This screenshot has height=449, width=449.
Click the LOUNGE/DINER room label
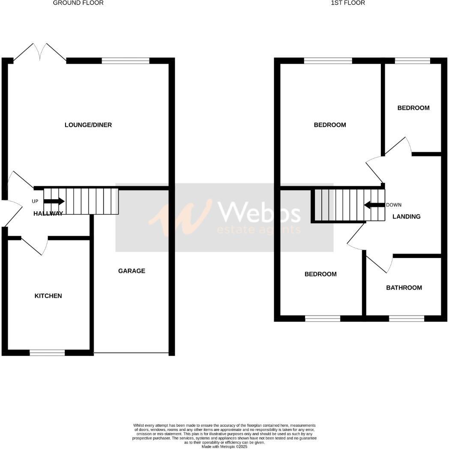coord(88,125)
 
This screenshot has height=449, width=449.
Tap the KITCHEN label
coord(48,296)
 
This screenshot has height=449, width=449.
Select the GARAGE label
coord(132,271)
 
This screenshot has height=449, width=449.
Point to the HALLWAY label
coord(48,214)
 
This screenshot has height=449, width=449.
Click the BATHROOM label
coord(404,288)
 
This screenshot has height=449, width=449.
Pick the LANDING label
coord(407,217)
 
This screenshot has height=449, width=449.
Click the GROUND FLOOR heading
coord(78,3)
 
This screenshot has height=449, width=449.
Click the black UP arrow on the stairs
coord(56,201)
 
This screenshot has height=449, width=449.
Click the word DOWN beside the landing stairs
coord(394,205)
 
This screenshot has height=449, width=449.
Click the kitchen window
coord(47,353)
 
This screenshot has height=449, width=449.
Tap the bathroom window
coord(406,318)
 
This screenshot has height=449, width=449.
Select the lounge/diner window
coord(126,61)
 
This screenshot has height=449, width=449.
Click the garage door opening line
coord(131,353)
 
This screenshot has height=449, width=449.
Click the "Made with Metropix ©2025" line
coord(224,446)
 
